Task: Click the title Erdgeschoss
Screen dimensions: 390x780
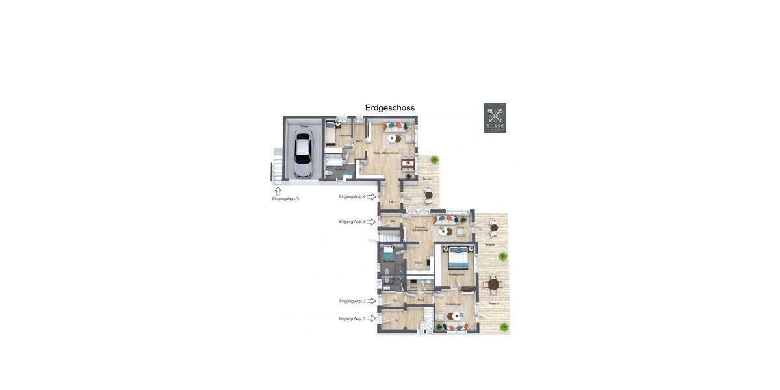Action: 390,108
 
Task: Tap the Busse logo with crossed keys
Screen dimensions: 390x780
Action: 495,118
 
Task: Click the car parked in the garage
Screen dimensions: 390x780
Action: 303,153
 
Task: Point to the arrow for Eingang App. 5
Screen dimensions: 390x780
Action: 278,190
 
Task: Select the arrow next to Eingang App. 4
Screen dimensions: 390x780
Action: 372,196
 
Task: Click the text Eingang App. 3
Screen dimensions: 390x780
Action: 351,222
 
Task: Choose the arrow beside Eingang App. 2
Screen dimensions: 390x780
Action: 372,301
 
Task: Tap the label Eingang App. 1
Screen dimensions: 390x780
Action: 352,318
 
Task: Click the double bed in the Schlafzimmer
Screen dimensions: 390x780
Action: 458,257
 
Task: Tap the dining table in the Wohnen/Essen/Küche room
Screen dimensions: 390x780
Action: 408,162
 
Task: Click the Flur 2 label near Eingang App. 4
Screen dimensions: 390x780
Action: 392,202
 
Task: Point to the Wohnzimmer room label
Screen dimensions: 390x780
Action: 453,304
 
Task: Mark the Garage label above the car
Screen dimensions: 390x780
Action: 304,126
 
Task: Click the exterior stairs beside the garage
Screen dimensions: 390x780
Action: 278,170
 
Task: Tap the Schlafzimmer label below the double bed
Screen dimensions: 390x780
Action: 457,274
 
